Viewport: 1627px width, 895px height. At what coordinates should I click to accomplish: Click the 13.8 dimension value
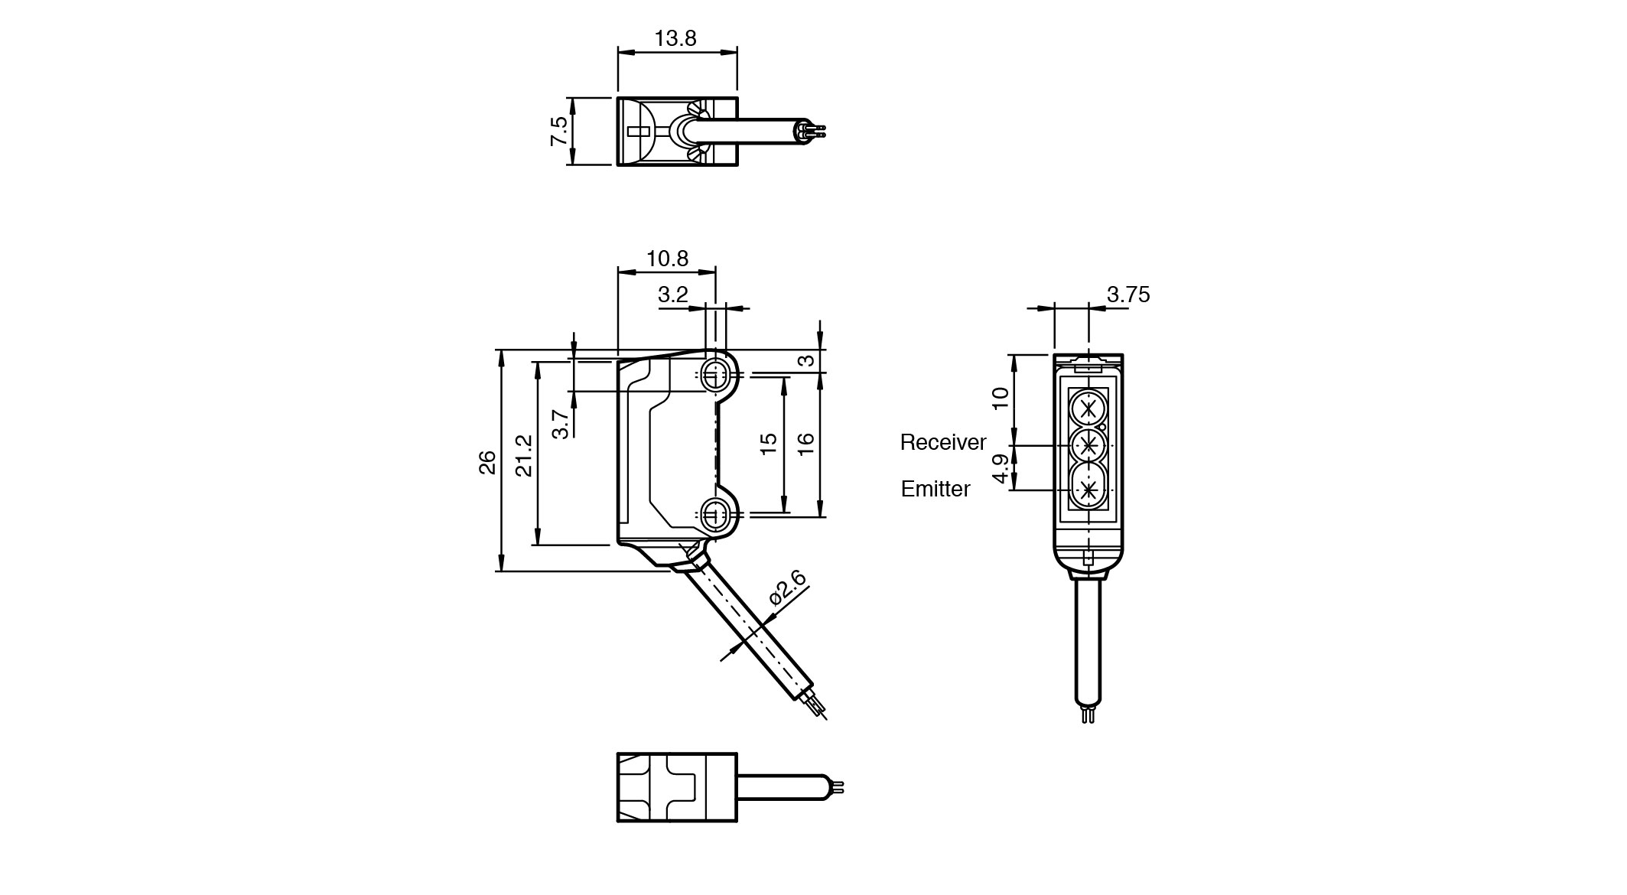coord(675,38)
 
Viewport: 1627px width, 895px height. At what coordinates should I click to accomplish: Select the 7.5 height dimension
coord(559,131)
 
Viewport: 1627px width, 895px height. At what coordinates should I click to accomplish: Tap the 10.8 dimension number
coord(667,259)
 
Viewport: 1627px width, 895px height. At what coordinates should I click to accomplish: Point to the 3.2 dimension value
coord(672,295)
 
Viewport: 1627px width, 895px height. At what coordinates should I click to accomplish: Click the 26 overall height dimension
coord(487,462)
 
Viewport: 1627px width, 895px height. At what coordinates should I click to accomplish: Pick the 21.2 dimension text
coord(524,455)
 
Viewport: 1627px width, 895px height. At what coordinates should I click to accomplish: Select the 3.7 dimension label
coord(561,423)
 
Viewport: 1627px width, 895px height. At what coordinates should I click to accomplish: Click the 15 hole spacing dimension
coord(770,444)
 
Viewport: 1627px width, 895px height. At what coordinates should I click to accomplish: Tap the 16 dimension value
coord(805,444)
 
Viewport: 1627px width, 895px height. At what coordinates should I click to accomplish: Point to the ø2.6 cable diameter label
coord(788,588)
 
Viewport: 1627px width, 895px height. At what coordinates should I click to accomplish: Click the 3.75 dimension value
coord(1128,295)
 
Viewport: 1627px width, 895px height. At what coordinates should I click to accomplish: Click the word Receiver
coord(942,442)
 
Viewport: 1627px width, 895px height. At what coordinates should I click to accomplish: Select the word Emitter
coord(935,489)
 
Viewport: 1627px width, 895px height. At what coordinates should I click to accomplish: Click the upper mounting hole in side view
coord(715,375)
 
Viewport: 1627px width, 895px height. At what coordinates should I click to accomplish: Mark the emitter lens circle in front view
coord(1087,490)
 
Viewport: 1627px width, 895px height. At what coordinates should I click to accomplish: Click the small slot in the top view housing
coord(636,132)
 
